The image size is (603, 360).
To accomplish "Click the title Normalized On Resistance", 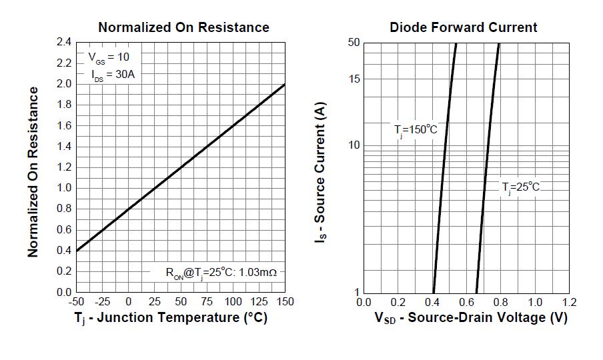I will [183, 27].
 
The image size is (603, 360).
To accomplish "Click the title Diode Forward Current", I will [464, 27].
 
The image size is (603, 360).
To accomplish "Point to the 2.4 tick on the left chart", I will [63, 42].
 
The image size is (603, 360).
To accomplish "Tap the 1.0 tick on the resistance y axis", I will [63, 188].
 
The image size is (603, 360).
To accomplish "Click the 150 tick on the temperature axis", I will [285, 302].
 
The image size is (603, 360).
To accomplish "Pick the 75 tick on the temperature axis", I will [207, 302].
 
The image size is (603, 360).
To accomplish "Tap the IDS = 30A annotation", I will [113, 75].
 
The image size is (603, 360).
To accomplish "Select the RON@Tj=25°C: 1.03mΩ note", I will [221, 273].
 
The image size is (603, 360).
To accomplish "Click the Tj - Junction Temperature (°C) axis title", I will [171, 318].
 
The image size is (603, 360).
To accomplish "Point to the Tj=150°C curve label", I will [415, 130].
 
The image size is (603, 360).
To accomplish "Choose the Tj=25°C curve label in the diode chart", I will [521, 187].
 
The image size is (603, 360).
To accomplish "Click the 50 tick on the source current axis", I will [354, 43].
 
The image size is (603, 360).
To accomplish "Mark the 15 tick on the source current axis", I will [354, 79].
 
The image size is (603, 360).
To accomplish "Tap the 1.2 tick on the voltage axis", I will [569, 302].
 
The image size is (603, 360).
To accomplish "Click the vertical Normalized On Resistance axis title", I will [33, 171].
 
